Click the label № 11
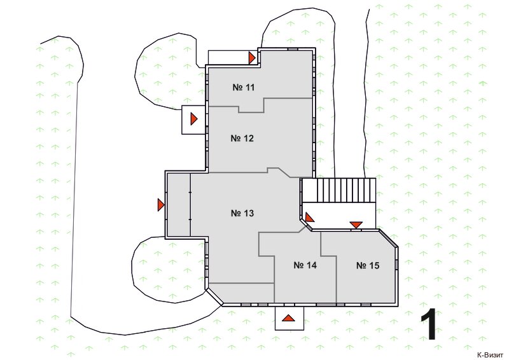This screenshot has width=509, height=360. coord(244,87)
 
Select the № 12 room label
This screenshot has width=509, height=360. coord(242,138)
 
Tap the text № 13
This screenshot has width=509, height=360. coord(242,213)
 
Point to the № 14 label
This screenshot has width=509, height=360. coord(305,265)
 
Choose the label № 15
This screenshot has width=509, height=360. coord(368,265)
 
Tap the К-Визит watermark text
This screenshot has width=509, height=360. coord(490,355)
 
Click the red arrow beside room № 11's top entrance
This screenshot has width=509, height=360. coord(252,58)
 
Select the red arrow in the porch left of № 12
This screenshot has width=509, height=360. coord(194,119)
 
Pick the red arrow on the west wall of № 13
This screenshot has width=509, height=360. coord(161,205)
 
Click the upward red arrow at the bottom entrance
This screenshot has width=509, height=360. coord(288,318)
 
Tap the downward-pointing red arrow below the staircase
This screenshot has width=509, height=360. coord(356,225)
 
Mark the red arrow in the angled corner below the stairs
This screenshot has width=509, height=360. coord(309,217)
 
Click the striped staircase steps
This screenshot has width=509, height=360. coord(339,190)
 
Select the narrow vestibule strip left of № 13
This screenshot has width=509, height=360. coord(178,205)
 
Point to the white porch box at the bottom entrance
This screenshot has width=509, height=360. coord(289,318)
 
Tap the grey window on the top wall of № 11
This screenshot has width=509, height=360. coord(293,49)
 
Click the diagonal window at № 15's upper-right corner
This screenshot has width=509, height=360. coord(389,239)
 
